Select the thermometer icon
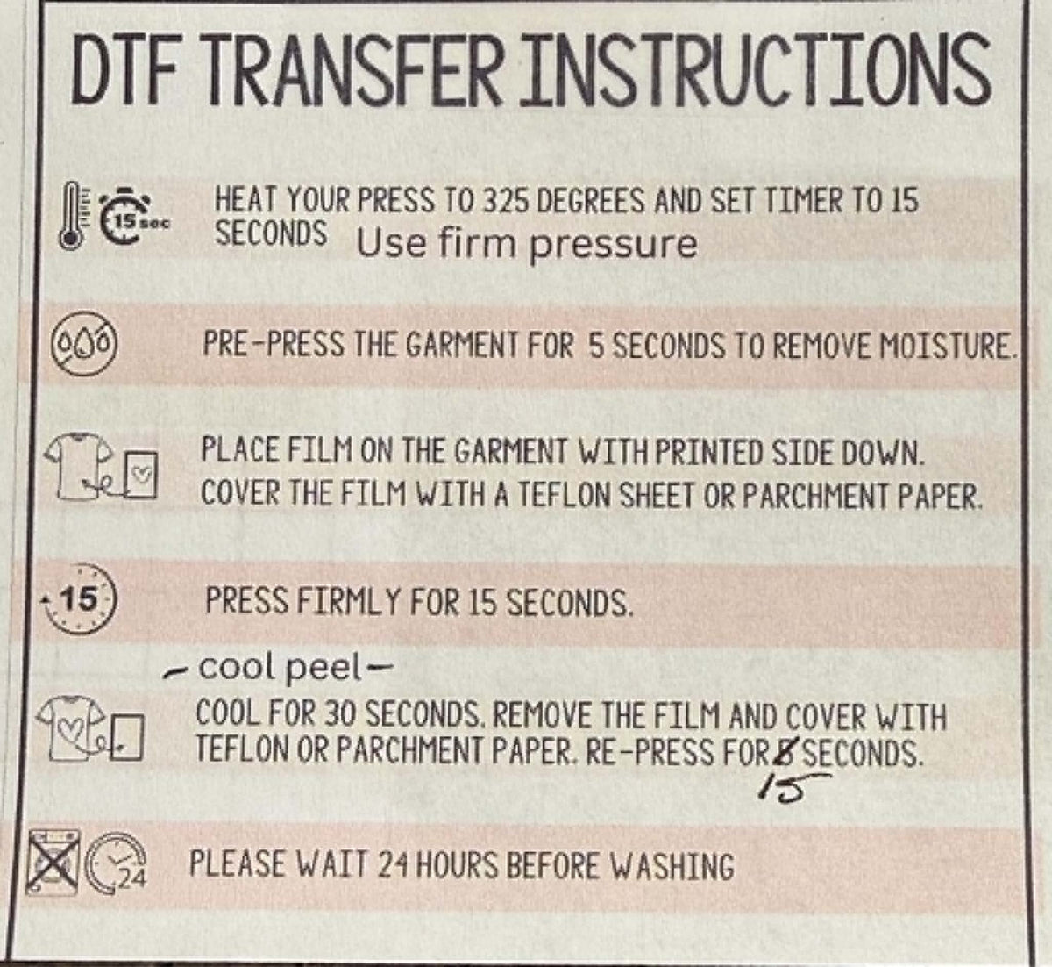click(70, 215)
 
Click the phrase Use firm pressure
click(527, 245)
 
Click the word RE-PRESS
click(649, 753)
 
